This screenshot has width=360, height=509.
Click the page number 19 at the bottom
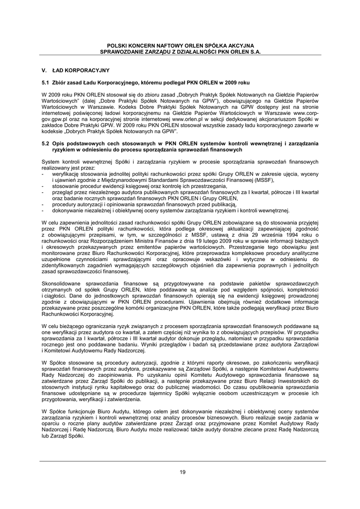[x=182, y=472]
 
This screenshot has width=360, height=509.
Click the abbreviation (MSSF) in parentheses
[x=263, y=181]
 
